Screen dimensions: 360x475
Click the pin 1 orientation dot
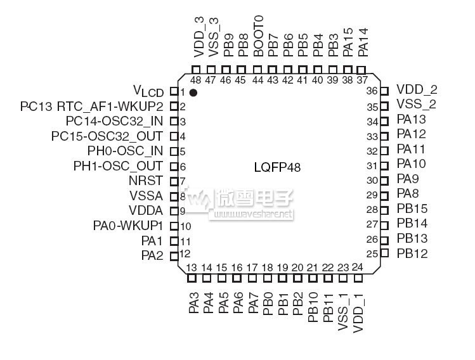(193, 93)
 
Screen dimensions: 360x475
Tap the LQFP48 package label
(277, 167)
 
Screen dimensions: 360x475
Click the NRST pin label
(145, 181)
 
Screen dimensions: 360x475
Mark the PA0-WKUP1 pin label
(128, 226)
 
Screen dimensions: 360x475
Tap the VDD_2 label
(417, 90)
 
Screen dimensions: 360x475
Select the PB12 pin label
(412, 254)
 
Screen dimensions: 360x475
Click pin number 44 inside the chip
(257, 80)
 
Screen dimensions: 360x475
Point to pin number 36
(372, 91)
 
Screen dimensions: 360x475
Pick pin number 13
(192, 267)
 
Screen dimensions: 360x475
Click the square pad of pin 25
(384, 254)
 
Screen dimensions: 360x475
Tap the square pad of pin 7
(173, 181)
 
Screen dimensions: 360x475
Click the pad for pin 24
(358, 278)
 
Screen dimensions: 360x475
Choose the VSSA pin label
(146, 196)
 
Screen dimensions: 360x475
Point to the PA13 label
(411, 119)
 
